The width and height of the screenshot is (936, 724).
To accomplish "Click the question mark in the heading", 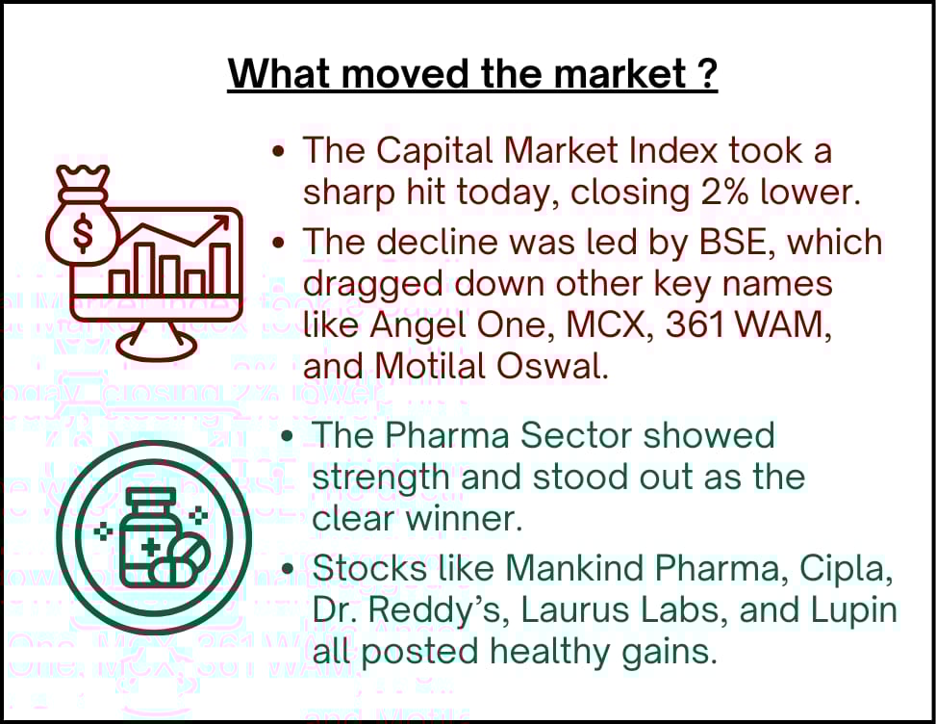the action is coord(706,73).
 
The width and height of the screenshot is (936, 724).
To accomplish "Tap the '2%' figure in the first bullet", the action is coord(724,193).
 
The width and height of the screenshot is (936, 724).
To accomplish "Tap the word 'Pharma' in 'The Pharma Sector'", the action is coord(447,434).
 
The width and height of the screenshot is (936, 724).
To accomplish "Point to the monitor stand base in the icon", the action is coord(157,347).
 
